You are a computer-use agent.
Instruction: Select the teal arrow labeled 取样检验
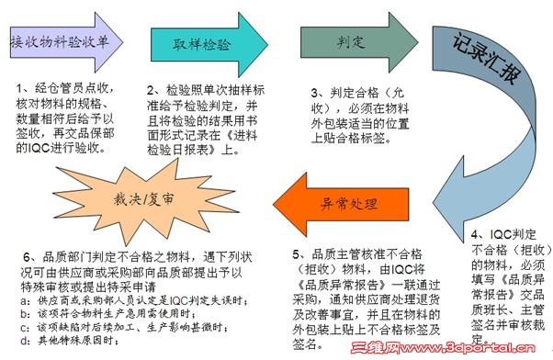coord(201,42)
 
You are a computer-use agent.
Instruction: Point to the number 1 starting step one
coord(20,88)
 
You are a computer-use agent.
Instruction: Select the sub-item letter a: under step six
coord(21,299)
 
